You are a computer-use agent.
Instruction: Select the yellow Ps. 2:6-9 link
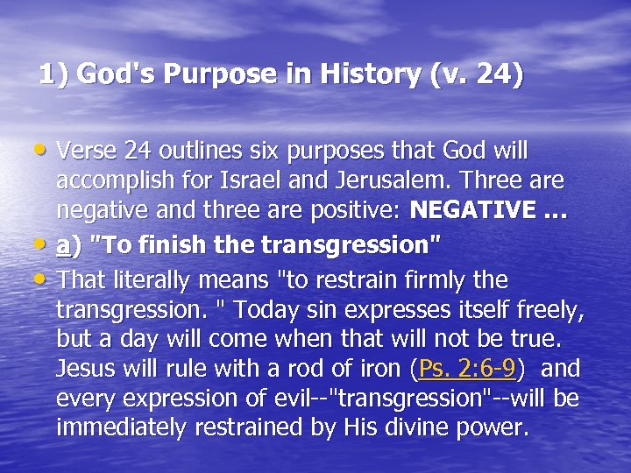click(x=467, y=370)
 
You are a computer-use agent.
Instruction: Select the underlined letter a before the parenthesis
click(x=62, y=246)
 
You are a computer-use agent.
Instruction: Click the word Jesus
click(x=86, y=370)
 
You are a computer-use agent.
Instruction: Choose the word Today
click(x=283, y=310)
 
